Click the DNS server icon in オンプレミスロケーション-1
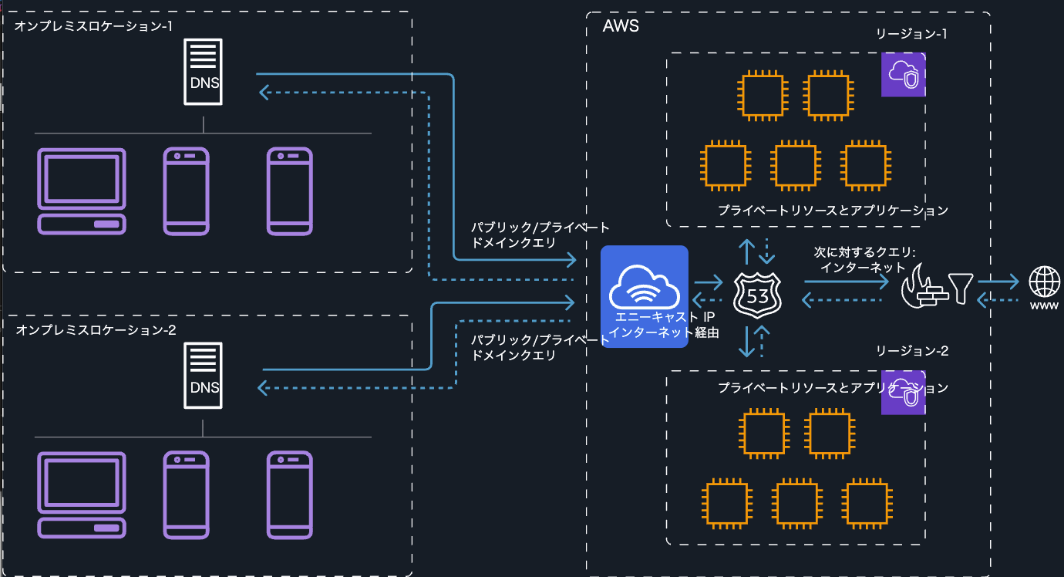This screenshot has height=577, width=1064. point(204,73)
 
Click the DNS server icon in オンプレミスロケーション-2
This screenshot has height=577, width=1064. point(204,376)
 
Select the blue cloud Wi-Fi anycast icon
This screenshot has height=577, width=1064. point(644,285)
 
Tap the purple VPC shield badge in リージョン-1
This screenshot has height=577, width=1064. point(903,75)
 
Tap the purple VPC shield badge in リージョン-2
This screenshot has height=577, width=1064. point(903,393)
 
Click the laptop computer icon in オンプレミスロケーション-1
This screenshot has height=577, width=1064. point(82,191)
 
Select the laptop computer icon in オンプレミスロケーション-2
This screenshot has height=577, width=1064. point(82,494)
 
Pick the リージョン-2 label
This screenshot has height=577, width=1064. point(911,351)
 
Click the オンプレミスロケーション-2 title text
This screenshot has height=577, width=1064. point(96,329)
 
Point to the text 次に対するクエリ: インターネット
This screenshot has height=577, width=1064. point(864,260)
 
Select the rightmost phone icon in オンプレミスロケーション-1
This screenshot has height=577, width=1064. point(289,191)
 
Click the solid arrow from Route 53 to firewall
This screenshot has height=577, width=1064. point(845,282)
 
